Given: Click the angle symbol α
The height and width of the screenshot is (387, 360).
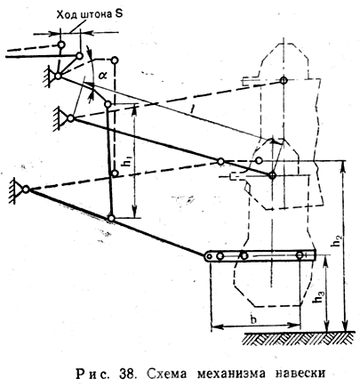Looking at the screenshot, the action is point(103,76).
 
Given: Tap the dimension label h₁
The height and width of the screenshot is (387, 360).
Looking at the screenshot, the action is point(128,168).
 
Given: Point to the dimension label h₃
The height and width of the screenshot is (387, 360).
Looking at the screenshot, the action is point(320,297).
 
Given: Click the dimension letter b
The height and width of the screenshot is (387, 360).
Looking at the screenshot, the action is point(253,319).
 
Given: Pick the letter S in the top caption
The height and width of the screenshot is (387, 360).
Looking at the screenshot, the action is point(118,14).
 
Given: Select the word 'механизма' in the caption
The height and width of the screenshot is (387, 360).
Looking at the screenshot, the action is point(231,374).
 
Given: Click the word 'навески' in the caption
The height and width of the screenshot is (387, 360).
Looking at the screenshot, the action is point(300,374).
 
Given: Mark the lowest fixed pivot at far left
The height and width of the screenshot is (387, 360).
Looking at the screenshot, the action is point(26,189).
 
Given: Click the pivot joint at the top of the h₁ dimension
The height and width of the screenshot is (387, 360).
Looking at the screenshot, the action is point(108,104).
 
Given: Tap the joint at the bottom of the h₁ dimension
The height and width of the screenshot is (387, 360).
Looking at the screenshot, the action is point(111,219).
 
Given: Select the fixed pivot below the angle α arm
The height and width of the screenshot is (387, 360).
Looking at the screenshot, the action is point(70,118).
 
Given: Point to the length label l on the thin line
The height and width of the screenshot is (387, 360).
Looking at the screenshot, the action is point(192,111).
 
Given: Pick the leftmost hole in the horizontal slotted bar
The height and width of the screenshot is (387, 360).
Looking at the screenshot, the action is point(210,256).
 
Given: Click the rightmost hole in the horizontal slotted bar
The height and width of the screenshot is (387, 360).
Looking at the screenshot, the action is point(300,255).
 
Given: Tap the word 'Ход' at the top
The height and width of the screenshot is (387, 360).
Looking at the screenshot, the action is point(66,15).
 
